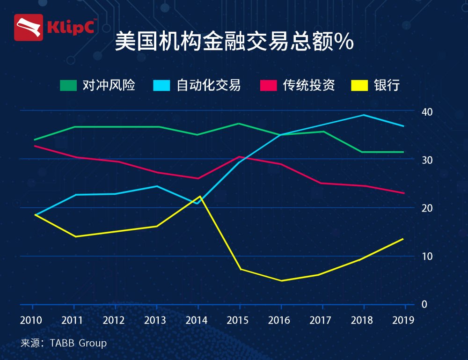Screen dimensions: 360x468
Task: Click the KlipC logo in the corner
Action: pos(56,27)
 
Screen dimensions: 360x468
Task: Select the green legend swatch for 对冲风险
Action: pos(68,86)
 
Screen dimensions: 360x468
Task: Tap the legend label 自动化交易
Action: pos(209,86)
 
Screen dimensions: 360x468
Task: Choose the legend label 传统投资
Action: pos(309,86)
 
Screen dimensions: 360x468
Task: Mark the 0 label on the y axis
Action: pos(424,304)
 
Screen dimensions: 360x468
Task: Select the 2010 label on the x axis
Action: pos(31,321)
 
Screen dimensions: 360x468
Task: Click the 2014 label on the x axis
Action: pos(197,321)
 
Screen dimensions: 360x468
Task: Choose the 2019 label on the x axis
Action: pos(403,321)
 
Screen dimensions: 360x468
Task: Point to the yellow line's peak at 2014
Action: pos(200,196)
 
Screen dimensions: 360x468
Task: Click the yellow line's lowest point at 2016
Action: pos(281,280)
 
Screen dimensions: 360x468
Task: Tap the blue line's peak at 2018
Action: pos(364,115)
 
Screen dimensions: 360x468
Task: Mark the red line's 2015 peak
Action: pos(240,157)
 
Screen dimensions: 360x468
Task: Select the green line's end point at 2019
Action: pos(403,152)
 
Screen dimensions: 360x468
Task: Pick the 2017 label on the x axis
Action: pos(321,321)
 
